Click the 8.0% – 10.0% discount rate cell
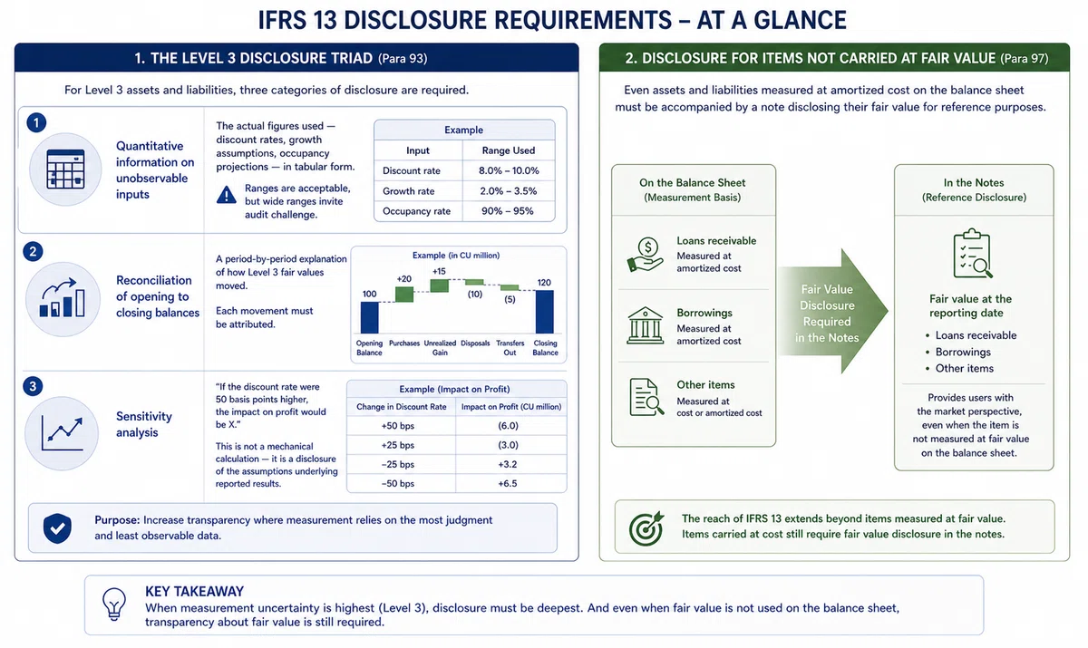tap(509, 171)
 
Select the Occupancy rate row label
tap(416, 211)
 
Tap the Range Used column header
tap(509, 150)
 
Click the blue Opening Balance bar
tap(369, 317)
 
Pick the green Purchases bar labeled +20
tap(404, 295)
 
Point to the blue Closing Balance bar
tap(545, 312)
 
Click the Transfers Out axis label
tap(510, 347)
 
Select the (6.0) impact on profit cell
tap(508, 426)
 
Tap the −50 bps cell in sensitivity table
tap(398, 483)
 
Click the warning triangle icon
tap(227, 195)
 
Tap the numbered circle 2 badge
tap(33, 251)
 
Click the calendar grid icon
tap(65, 169)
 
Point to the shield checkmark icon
tap(57, 528)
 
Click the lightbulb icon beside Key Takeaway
tap(114, 604)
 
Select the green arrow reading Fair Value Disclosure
tap(832, 311)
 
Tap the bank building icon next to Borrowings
tap(645, 325)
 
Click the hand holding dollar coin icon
tap(645, 255)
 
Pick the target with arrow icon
tap(646, 528)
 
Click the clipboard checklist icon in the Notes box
tap(973, 254)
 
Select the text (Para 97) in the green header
tap(1024, 59)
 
